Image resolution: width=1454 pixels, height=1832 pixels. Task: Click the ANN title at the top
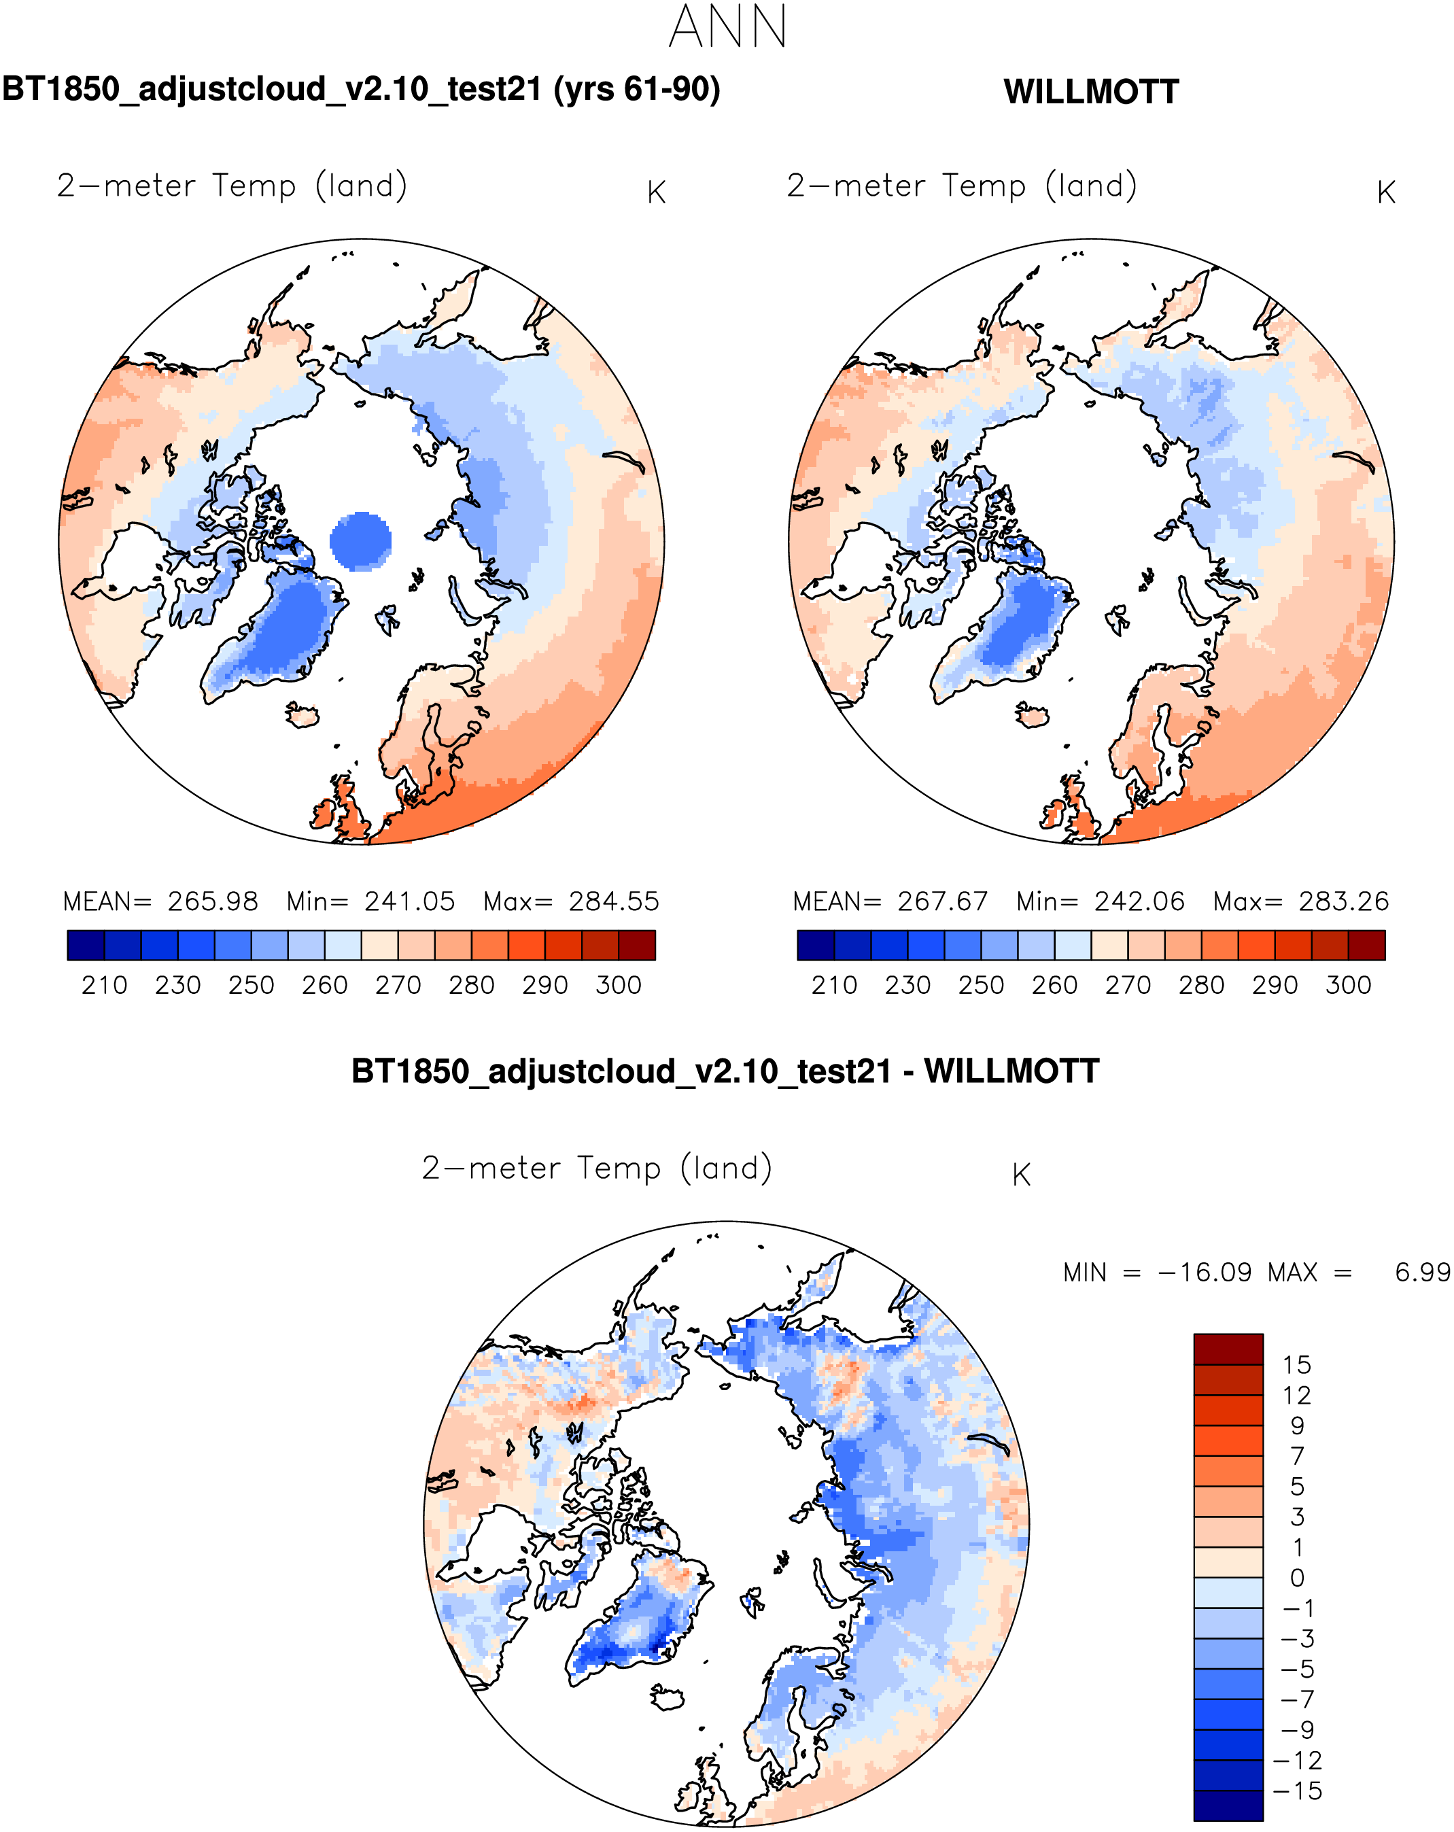pyautogui.click(x=727, y=27)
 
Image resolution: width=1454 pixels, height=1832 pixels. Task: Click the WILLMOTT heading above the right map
pyautogui.click(x=1090, y=92)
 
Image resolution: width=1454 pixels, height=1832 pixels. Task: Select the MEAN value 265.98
pyautogui.click(x=213, y=901)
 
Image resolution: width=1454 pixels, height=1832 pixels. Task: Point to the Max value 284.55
pyautogui.click(x=614, y=901)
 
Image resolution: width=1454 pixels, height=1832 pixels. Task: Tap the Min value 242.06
pyautogui.click(x=1139, y=901)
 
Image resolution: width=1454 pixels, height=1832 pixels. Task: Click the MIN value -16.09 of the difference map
pyautogui.click(x=1204, y=1272)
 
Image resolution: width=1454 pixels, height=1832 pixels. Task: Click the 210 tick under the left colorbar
pyautogui.click(x=104, y=985)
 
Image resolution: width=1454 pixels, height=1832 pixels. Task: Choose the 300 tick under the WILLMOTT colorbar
pyautogui.click(x=1348, y=985)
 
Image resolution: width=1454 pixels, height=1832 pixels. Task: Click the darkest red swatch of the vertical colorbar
pyautogui.click(x=1228, y=1349)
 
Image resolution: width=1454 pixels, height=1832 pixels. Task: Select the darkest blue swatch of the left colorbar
pyautogui.click(x=86, y=945)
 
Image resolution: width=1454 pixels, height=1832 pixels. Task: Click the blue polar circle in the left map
pyautogui.click(x=360, y=540)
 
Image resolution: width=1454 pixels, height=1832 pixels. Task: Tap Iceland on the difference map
pyautogui.click(x=667, y=1697)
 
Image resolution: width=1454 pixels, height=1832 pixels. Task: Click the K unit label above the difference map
pyautogui.click(x=1020, y=1175)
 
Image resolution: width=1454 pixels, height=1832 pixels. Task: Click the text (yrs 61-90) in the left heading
pyautogui.click(x=636, y=89)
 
